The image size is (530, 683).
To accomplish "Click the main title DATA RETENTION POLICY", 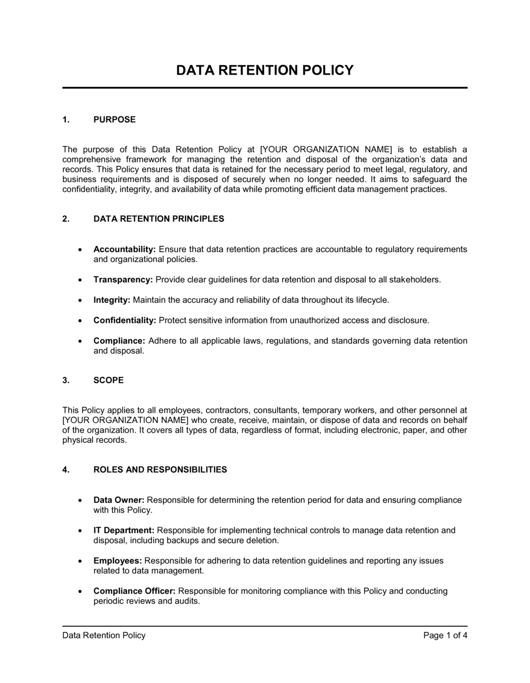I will pos(264,70).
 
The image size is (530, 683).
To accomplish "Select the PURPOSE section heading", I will pos(114,120).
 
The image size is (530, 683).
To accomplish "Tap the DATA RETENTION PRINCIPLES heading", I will pos(158,219).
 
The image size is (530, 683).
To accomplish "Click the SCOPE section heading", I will pos(109,380).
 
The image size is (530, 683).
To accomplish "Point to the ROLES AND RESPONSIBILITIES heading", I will pos(160,470).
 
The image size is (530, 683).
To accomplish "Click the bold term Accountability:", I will pos(125,249).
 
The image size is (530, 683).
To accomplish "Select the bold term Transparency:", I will pos(123,280).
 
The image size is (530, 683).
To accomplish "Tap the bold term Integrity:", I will pos(112,300).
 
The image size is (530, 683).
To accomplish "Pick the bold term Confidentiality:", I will pos(125,320).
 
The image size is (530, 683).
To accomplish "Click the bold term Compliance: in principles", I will pos(119,341).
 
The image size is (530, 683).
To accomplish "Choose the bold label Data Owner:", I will pos(119,500).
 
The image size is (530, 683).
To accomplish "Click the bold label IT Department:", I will pos(124,531).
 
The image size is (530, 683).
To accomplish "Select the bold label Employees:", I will pos(118,561).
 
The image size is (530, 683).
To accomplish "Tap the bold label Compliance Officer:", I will pos(135,591).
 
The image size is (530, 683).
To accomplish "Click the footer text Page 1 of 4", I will pos(445,635).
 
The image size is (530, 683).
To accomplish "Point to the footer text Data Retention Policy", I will pos(104,635).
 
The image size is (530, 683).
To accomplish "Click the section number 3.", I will pos(66,380).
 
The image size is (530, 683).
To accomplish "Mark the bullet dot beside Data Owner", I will pos(79,500).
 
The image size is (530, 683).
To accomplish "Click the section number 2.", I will pos(66,219).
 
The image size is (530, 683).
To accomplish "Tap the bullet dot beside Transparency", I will pos(79,280).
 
